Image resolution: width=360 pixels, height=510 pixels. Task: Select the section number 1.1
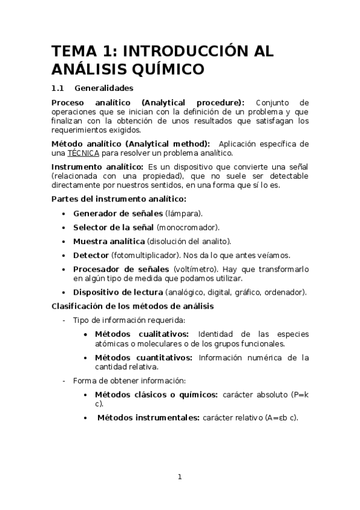pos(58,88)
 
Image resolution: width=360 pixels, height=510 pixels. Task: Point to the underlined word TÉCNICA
pos(84,153)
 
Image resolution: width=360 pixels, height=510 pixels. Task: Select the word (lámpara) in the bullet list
pos(184,214)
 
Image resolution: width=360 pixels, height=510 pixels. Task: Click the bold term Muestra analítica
pos(109,241)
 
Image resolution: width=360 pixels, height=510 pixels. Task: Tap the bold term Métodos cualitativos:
pos(142,334)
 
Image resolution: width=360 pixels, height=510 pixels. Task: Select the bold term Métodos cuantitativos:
pos(144,357)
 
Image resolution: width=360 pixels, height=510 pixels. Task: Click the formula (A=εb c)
pos(280,418)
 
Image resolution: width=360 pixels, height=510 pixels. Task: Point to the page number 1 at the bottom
pos(179,478)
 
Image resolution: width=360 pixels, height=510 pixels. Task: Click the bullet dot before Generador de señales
pos(64,214)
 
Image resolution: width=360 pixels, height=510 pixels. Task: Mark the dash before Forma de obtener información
pos(64,380)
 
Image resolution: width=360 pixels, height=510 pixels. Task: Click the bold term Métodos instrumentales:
pos(148,418)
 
